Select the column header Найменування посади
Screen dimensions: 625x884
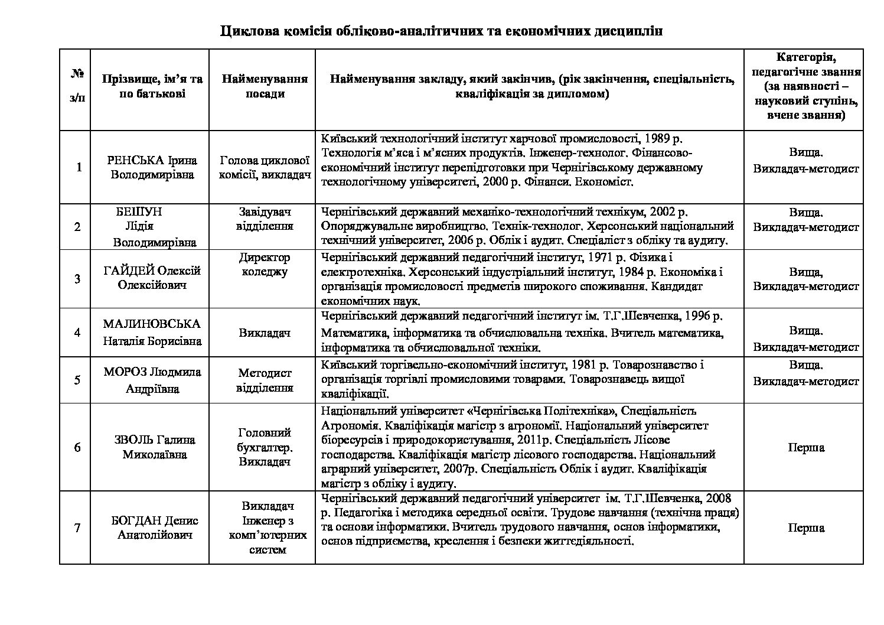click(265, 86)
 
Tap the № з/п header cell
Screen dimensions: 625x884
click(76, 86)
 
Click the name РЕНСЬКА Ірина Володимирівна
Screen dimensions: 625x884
click(152, 168)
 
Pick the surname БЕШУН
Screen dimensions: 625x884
click(139, 212)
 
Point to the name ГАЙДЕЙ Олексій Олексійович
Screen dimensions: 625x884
click(152, 278)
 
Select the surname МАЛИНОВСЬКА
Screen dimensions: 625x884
click(152, 324)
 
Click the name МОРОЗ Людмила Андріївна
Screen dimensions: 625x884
click(152, 380)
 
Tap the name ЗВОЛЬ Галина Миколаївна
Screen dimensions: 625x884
click(155, 447)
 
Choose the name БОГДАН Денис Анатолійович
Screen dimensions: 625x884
click(155, 528)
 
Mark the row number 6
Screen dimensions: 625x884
click(77, 447)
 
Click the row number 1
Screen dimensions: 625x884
click(79, 167)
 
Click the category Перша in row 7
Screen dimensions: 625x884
click(806, 528)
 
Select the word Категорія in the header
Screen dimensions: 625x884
click(804, 58)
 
